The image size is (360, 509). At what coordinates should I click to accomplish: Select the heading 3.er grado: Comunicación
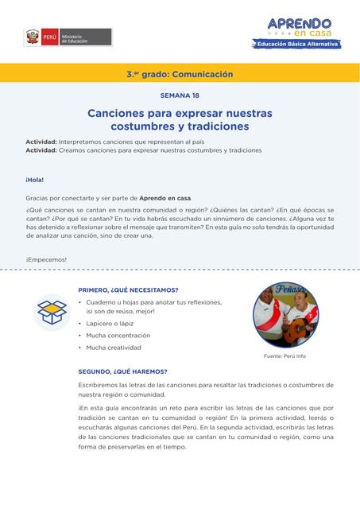(180, 74)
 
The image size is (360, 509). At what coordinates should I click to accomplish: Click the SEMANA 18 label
(180, 95)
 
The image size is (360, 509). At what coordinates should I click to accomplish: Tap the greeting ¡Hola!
(36, 180)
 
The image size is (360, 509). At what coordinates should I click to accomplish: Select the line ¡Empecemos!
(46, 259)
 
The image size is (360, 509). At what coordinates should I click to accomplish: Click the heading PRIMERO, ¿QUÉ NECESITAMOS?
(128, 289)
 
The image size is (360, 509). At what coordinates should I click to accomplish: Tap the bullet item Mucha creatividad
(114, 348)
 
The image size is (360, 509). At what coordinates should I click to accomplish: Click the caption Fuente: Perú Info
(285, 356)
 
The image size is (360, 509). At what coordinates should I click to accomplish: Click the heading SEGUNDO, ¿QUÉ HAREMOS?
(122, 371)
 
